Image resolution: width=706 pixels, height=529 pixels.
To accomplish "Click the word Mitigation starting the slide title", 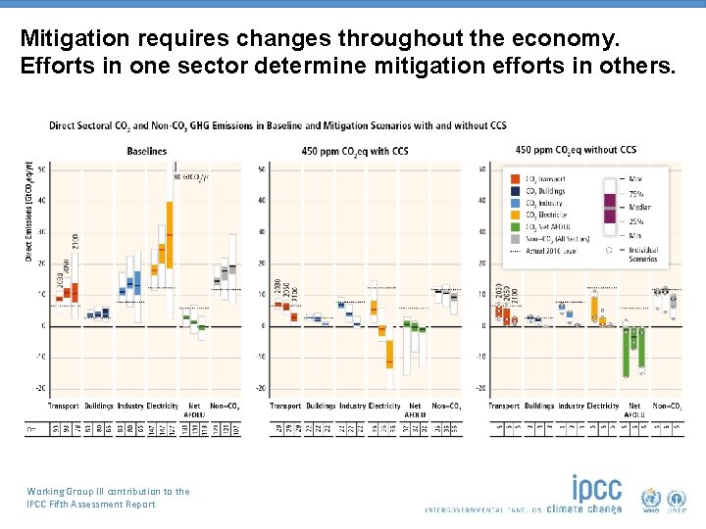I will (x=66, y=40).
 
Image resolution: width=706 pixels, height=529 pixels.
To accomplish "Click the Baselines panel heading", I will (x=147, y=151).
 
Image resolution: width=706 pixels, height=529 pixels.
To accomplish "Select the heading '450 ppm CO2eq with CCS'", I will (x=355, y=151).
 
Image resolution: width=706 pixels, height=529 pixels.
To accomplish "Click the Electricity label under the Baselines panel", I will (x=162, y=406).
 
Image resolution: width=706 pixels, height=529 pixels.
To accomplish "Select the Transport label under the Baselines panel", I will (x=64, y=406).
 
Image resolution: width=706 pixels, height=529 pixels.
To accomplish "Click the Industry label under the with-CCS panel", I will (x=352, y=406).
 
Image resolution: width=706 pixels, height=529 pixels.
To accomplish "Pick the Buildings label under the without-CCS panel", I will (x=538, y=406).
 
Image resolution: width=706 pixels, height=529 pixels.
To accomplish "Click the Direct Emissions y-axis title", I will (x=29, y=212).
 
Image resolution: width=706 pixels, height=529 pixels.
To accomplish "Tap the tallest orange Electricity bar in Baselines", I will (x=170, y=233).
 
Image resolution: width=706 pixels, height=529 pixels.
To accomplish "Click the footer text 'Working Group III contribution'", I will (x=109, y=491).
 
